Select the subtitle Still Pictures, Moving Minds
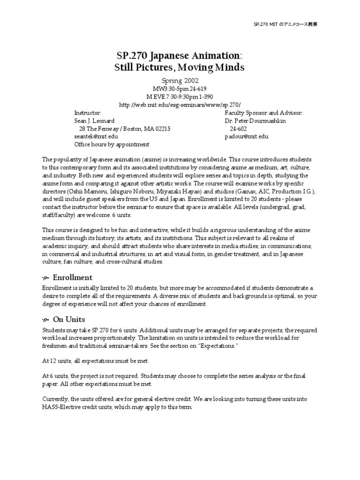click(x=180, y=67)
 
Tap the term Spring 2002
click(x=180, y=80)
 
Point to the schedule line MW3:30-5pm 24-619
click(x=180, y=89)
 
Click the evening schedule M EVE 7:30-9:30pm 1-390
click(x=180, y=97)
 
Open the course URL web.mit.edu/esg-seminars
click(x=180, y=105)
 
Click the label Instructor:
click(x=88, y=113)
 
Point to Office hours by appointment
click(x=112, y=144)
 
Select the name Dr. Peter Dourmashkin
click(x=255, y=121)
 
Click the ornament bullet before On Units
click(x=45, y=320)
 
